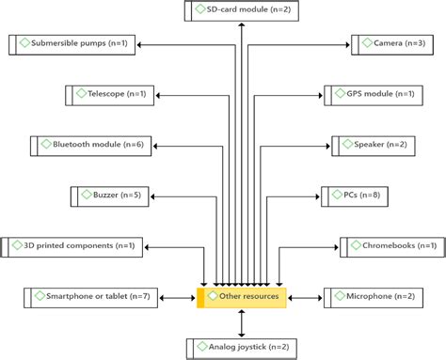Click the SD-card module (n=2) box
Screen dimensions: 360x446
(242, 10)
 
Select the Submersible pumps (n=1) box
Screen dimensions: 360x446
(80, 43)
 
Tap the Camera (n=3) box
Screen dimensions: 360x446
(390, 43)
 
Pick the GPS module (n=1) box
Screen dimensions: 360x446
(374, 95)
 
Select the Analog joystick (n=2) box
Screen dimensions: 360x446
(242, 348)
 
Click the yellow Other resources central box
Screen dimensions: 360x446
(242, 297)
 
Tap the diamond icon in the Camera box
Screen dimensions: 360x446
(365, 43)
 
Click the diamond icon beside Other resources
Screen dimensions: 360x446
(215, 296)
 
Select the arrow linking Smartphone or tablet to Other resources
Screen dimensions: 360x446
(179, 297)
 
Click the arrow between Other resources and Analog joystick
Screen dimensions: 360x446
(242, 322)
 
